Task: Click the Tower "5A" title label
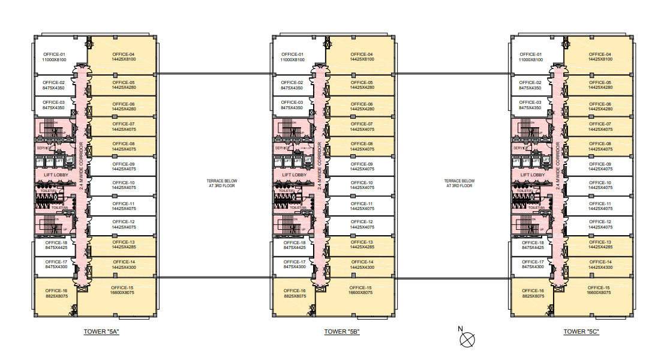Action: pos(103,332)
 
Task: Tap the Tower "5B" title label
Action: pos(342,332)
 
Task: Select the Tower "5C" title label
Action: pos(581,332)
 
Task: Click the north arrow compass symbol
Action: pos(467,340)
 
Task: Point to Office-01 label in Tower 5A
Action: pos(54,57)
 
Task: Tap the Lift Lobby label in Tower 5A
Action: pos(56,175)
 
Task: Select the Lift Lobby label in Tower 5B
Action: pos(295,175)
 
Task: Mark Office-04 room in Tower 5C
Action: pos(600,57)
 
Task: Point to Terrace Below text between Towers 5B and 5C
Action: pos(459,183)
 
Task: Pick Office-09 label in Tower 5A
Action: pos(124,166)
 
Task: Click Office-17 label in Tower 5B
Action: pos(295,264)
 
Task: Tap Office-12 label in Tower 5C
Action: pos(600,224)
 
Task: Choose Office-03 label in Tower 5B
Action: pos(293,105)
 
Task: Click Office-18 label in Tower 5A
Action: pos(56,245)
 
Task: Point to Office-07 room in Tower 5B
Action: pos(362,126)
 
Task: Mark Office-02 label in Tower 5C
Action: pos(531,85)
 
